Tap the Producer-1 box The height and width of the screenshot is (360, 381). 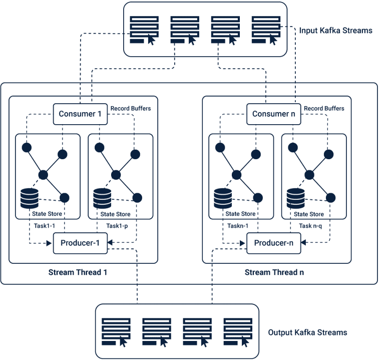(80, 243)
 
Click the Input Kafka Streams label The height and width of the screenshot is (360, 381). (335, 31)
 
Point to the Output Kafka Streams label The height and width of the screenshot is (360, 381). (307, 332)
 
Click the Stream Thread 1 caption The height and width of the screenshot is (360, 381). (78, 272)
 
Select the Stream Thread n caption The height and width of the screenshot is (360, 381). (274, 272)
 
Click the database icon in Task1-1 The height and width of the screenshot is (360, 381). (30, 198)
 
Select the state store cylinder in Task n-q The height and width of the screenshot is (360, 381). (296, 198)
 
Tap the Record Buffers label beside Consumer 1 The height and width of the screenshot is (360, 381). (131, 108)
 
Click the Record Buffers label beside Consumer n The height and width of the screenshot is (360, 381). (324, 108)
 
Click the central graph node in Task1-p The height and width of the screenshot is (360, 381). (116, 175)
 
